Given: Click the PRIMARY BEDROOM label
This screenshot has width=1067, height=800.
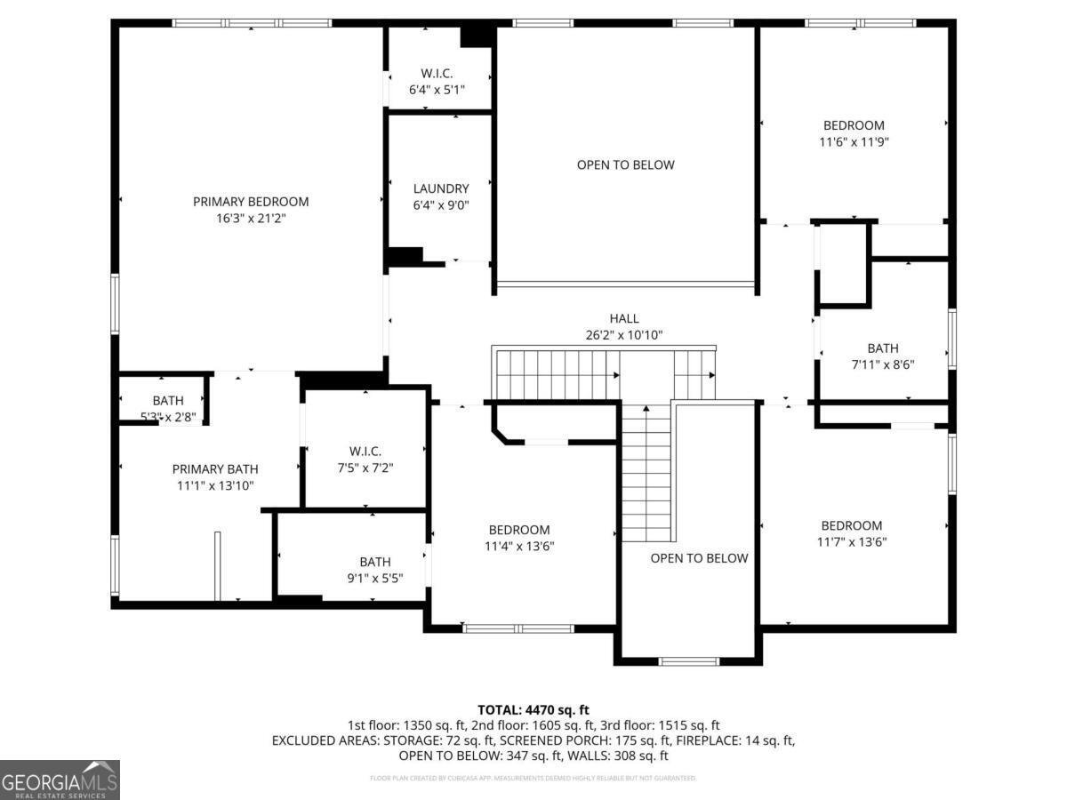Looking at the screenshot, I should click(x=251, y=202).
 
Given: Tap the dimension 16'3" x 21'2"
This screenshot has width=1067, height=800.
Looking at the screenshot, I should click(x=251, y=218).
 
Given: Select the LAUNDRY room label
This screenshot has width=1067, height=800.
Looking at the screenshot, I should click(x=440, y=188).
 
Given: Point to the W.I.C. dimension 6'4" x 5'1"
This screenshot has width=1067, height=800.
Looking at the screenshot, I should click(x=437, y=90).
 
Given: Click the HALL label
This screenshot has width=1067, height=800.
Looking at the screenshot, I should click(x=623, y=318).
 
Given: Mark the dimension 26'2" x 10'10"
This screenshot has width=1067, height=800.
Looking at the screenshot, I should click(x=623, y=335).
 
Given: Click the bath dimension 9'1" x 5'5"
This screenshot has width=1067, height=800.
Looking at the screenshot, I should click(x=374, y=578).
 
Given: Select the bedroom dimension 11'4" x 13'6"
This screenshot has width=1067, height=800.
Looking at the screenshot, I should click(x=519, y=547).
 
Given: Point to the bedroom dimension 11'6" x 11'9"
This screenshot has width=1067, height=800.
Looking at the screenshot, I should click(x=854, y=141).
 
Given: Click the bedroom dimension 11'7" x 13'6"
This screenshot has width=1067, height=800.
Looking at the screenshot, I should click(x=852, y=541).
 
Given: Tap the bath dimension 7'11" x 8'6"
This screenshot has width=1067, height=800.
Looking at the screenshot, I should click(x=883, y=364).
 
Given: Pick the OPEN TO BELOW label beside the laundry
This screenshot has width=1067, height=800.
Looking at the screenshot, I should click(x=625, y=164).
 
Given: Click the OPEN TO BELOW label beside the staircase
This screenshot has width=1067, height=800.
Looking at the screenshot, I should click(x=699, y=558).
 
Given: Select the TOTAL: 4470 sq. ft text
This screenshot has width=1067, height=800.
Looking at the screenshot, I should click(x=533, y=709).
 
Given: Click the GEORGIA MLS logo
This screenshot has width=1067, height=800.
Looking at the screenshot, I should click(x=60, y=780).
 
